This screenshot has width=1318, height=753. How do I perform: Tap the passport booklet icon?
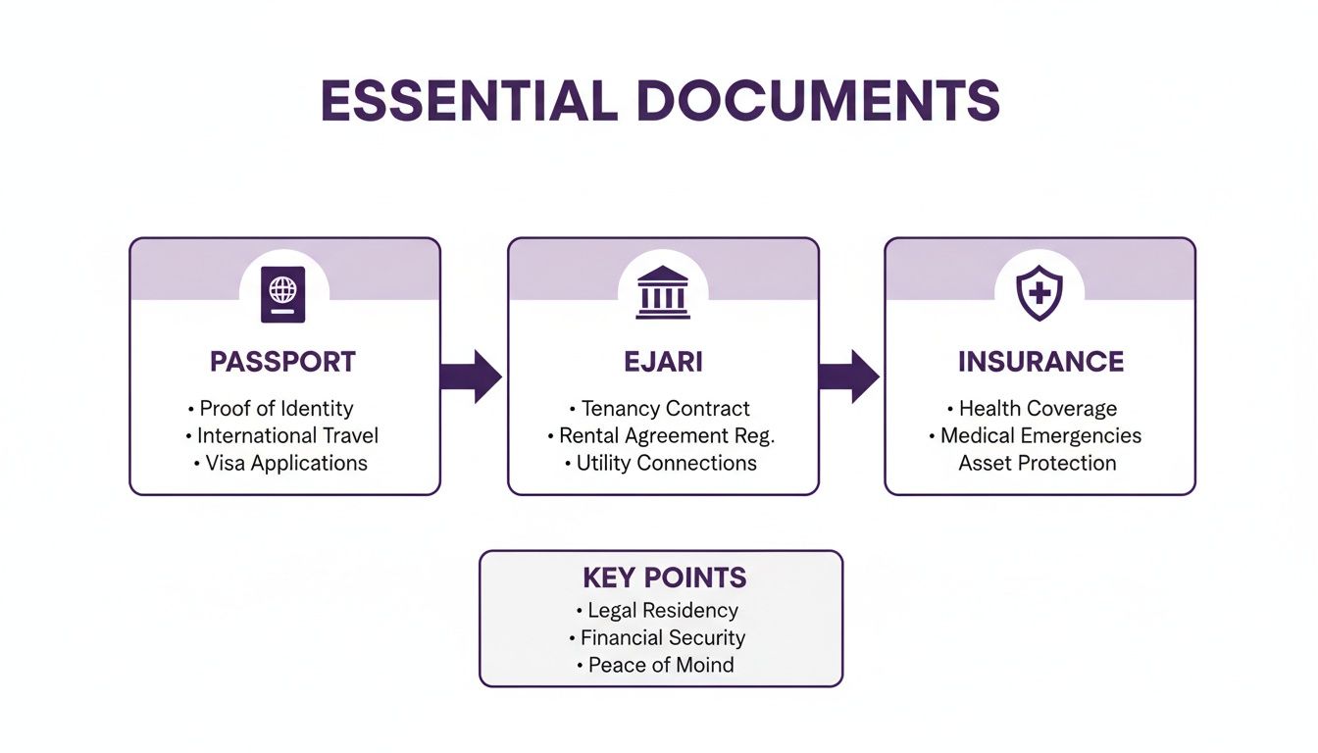(x=283, y=294)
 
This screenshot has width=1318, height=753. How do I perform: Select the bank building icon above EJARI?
(x=662, y=292)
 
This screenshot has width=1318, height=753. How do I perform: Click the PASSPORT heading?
(x=283, y=362)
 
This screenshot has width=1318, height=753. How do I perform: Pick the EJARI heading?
(x=663, y=362)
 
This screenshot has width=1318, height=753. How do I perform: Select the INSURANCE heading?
(x=1040, y=362)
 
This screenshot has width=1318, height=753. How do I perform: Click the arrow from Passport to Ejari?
(x=472, y=376)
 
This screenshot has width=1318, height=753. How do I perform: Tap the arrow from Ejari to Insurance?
(x=849, y=376)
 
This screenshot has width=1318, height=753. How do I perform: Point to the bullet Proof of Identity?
(x=277, y=409)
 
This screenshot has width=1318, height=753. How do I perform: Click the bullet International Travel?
(x=287, y=436)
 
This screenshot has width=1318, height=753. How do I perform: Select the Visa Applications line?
(x=286, y=464)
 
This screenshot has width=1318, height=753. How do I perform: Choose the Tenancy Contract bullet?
(x=665, y=409)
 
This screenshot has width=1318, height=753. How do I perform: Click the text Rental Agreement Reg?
(x=667, y=436)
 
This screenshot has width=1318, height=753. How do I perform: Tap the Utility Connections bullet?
(x=666, y=464)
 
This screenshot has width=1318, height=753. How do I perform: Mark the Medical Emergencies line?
(x=1040, y=436)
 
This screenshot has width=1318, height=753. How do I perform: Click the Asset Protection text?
(x=1038, y=464)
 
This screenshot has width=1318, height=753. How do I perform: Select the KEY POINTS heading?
(x=664, y=577)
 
